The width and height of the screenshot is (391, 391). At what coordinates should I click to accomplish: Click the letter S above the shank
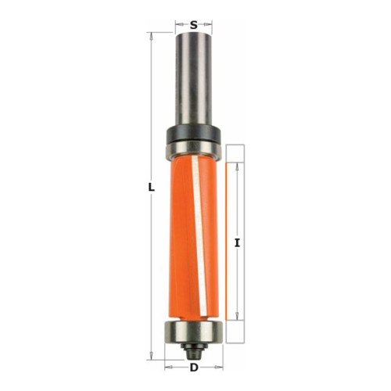point(193,25)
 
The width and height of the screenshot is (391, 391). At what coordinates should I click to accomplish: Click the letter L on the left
point(152,188)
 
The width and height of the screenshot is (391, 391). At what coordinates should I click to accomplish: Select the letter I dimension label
point(237,243)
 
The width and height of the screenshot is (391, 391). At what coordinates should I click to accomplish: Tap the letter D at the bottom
point(194,368)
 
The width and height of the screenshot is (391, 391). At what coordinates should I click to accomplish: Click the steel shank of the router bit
point(193,79)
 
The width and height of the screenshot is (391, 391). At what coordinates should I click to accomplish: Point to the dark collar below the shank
point(193,134)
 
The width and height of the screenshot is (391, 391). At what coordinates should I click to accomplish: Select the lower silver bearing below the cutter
point(193,332)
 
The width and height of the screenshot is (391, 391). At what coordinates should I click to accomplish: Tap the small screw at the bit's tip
point(193,350)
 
